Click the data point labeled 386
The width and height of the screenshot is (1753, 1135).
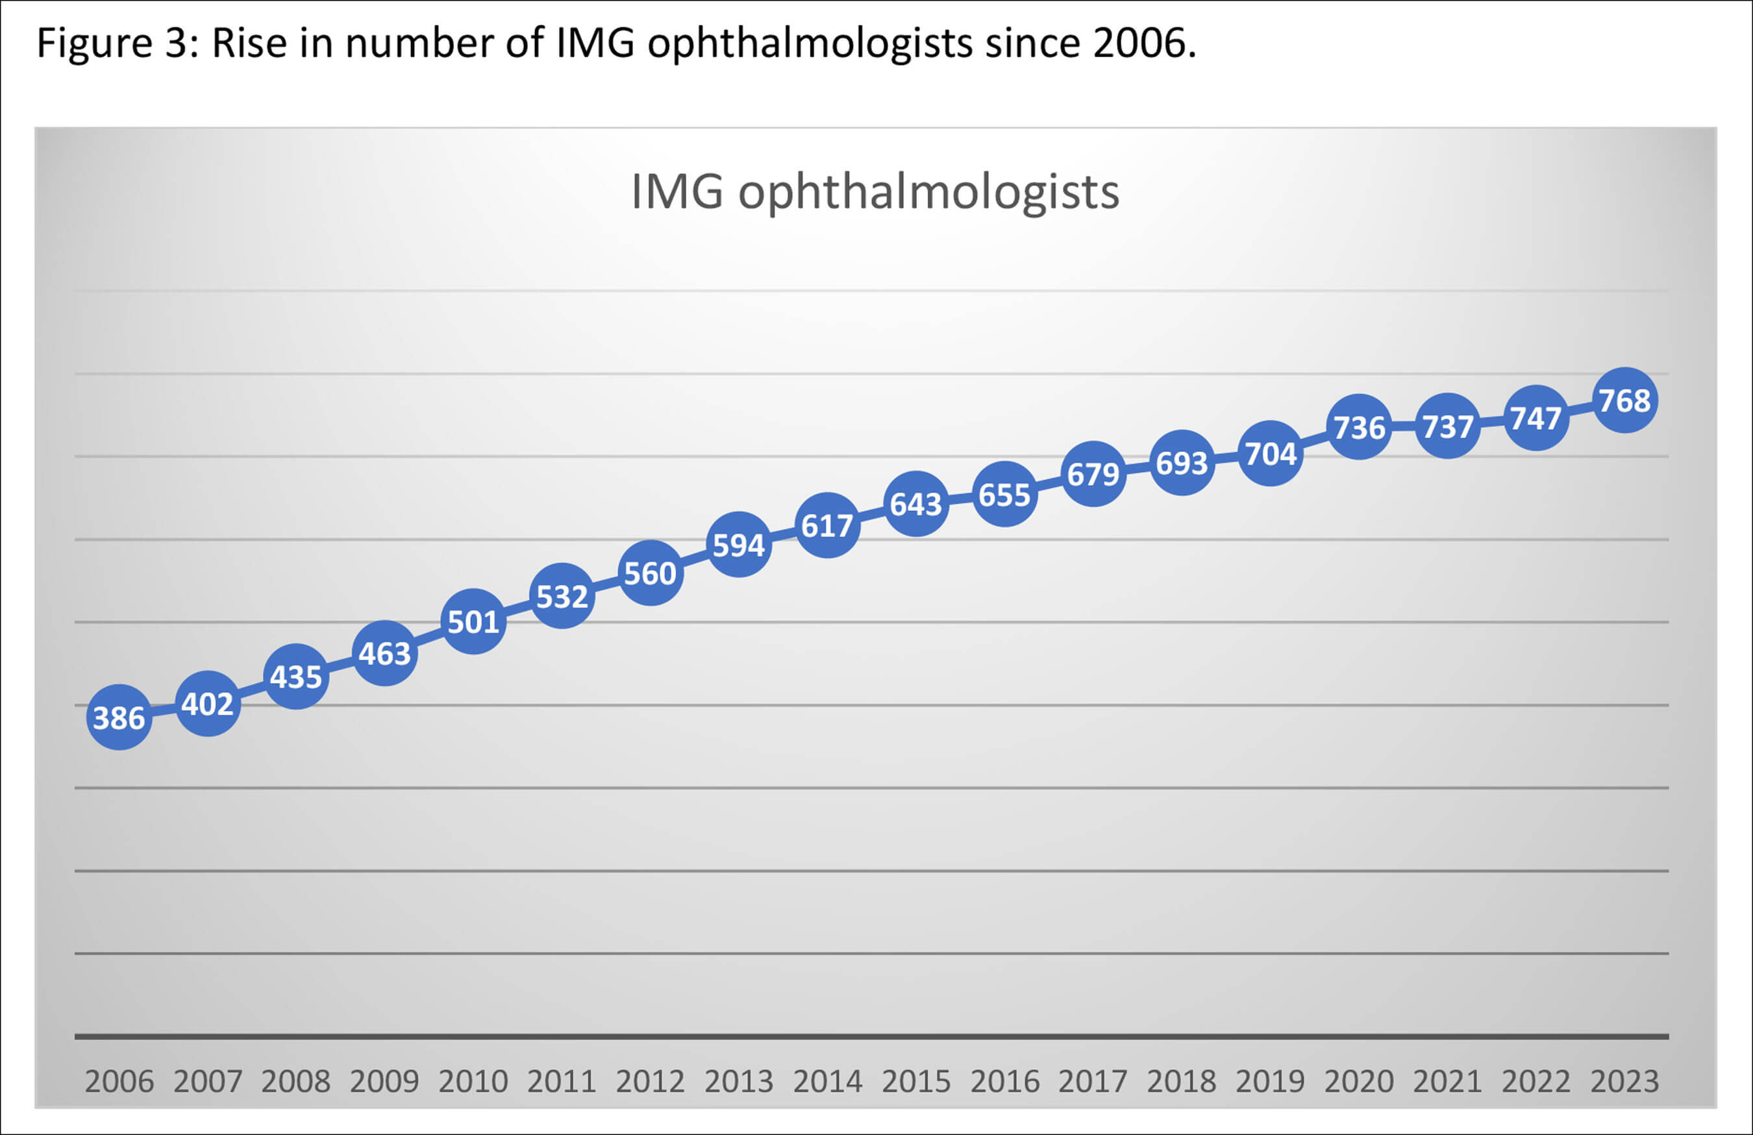(119, 717)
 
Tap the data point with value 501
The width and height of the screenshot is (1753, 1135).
(473, 621)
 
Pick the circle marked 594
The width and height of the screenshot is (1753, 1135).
(738, 544)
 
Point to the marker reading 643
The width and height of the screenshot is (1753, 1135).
(915, 503)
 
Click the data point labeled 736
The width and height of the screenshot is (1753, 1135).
(1359, 427)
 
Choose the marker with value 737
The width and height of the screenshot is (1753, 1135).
(1447, 426)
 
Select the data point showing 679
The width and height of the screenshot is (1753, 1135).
(1093, 473)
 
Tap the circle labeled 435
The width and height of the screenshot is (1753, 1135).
(295, 676)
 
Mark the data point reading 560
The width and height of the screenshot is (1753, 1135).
(650, 572)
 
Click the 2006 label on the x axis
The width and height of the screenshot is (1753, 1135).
(119, 1080)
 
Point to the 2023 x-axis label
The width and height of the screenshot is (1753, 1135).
(1624, 1080)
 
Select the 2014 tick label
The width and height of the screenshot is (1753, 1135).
(827, 1080)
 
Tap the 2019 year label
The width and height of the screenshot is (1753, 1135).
(1270, 1080)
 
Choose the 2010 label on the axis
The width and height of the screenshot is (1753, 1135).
(473, 1080)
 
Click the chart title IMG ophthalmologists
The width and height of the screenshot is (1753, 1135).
(875, 192)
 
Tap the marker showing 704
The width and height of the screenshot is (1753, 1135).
(1270, 453)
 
